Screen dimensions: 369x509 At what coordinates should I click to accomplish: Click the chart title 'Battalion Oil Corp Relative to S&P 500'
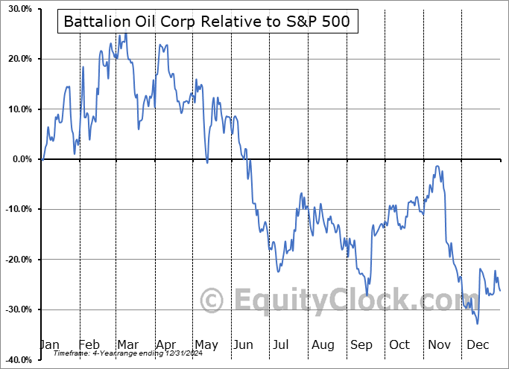207,22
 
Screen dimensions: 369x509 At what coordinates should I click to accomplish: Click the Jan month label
48,344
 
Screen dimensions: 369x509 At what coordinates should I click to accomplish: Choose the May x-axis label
206,344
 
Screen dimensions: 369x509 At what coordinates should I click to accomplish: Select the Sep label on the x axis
361,344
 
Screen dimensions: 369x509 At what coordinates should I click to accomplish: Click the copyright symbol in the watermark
212,301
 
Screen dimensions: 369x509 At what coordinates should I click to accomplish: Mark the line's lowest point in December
477,323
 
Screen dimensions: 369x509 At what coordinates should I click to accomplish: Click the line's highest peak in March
125,33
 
